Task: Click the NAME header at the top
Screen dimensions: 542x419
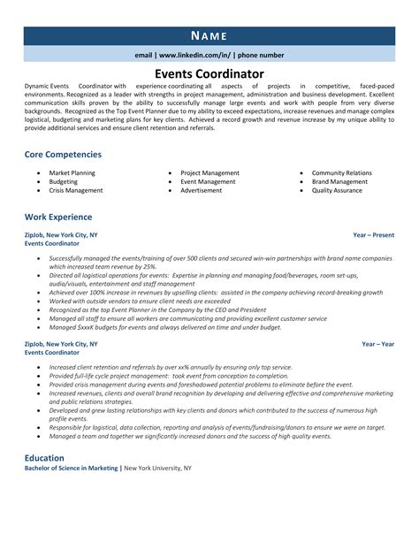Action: [209, 35]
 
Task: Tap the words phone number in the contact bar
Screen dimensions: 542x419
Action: [261, 55]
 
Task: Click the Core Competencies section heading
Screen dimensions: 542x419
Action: [63, 154]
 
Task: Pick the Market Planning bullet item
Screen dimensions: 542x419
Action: [73, 172]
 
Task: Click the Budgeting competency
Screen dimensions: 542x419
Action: [65, 181]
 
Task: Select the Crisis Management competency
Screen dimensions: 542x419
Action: [77, 190]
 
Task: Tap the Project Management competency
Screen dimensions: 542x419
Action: [209, 172]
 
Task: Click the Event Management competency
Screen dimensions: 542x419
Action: [208, 181]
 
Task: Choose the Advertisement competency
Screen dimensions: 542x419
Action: [202, 190]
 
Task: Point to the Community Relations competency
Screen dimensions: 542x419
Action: [341, 172]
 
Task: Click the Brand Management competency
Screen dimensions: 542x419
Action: [339, 181]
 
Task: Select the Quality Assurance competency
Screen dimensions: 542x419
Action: [338, 190]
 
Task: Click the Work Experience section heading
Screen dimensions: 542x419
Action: [57, 216]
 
